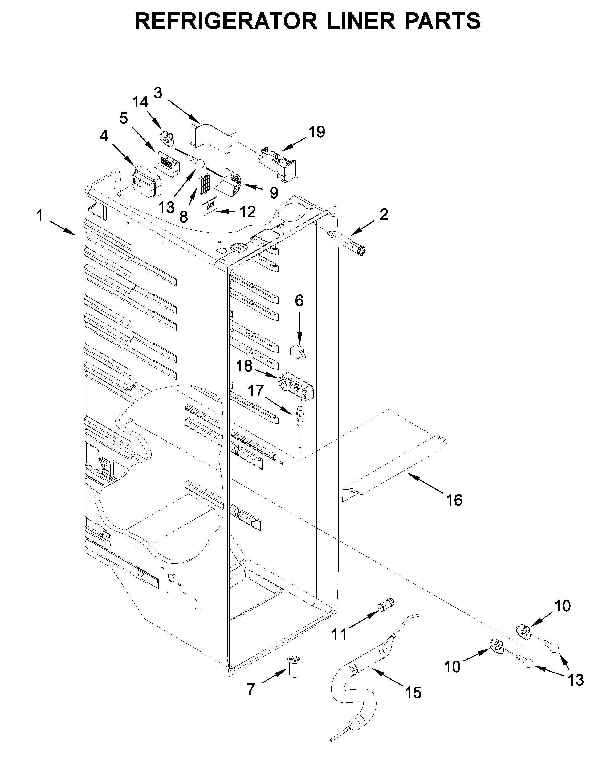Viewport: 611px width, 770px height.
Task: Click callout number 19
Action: (317, 132)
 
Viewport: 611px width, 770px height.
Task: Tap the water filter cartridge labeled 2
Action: (348, 242)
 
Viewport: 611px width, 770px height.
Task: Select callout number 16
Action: (454, 500)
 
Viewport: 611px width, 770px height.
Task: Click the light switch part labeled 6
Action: (298, 352)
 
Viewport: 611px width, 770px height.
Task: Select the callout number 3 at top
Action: (158, 93)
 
